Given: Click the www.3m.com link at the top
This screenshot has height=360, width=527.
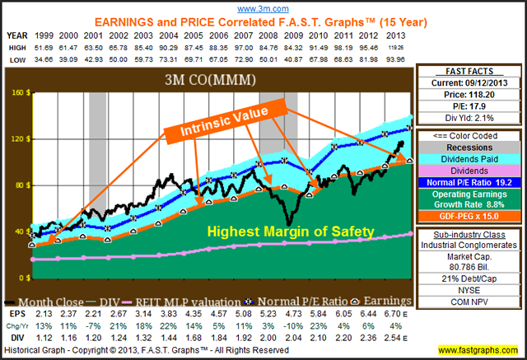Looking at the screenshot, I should pos(264,7).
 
